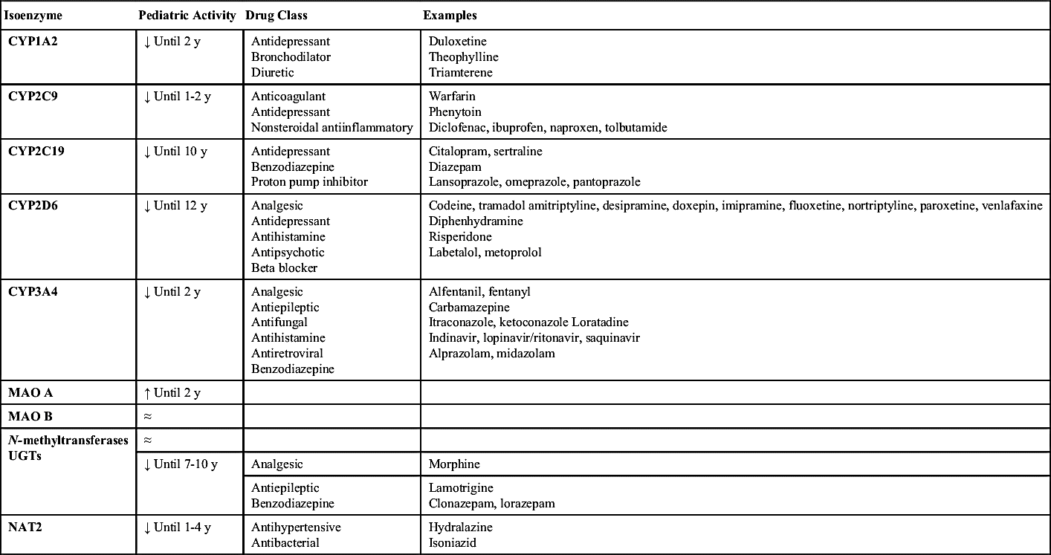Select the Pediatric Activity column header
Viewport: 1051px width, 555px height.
187,15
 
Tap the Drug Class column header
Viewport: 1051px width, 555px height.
276,15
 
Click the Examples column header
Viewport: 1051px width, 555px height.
450,15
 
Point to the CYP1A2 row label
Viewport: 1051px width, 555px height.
33,42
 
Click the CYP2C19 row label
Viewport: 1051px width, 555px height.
36,152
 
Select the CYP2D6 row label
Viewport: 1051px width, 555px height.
33,206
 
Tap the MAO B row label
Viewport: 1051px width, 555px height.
30,416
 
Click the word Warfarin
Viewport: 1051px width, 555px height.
452,97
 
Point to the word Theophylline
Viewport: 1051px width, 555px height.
463,57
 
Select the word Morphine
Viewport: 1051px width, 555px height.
454,464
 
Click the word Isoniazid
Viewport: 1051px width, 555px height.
452,543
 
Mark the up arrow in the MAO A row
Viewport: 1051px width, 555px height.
147,392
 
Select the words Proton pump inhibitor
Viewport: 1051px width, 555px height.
309,182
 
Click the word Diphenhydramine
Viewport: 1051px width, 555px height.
476,221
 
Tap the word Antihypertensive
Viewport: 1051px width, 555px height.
296,528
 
